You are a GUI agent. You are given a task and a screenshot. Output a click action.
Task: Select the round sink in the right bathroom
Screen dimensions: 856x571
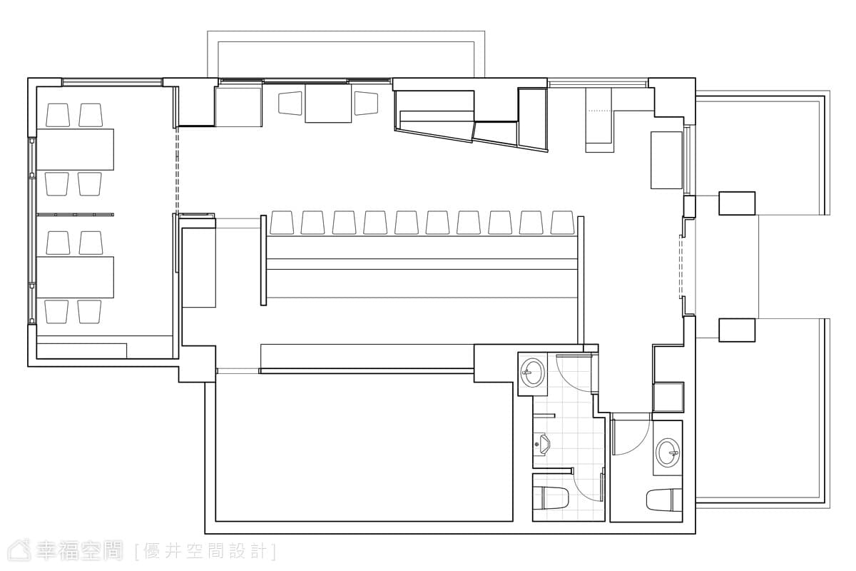pos(668,452)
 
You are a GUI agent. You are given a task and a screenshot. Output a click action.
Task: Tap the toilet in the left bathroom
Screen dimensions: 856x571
pos(554,498)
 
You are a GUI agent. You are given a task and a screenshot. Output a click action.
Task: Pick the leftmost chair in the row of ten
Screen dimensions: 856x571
pos(282,222)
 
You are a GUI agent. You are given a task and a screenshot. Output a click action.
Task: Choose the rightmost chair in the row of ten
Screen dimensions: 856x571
pos(563,222)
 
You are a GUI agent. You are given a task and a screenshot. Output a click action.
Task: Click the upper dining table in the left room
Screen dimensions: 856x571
pos(76,150)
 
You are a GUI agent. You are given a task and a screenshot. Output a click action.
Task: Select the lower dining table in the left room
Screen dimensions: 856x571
pos(76,277)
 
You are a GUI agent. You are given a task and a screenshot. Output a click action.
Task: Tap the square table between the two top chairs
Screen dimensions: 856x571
pos(328,103)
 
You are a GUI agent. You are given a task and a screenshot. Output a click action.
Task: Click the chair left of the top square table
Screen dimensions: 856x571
pos(290,103)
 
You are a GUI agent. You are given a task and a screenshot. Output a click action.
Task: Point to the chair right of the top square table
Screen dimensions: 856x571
pos(366,103)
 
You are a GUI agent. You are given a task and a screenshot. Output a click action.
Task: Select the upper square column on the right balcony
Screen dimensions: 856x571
pos(737,203)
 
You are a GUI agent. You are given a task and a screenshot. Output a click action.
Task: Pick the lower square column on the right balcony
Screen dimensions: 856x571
pos(737,330)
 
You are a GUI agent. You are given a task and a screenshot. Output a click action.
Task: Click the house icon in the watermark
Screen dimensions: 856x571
pos(19,550)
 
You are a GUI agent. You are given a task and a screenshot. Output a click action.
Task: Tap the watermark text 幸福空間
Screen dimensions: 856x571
pos(79,551)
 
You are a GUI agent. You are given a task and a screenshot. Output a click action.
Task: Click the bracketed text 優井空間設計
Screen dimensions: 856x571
pos(205,552)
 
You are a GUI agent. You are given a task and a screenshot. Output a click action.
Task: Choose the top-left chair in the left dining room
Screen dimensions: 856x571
pos(58,115)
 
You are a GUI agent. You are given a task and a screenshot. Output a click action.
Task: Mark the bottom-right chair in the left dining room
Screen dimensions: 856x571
pos(89,311)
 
